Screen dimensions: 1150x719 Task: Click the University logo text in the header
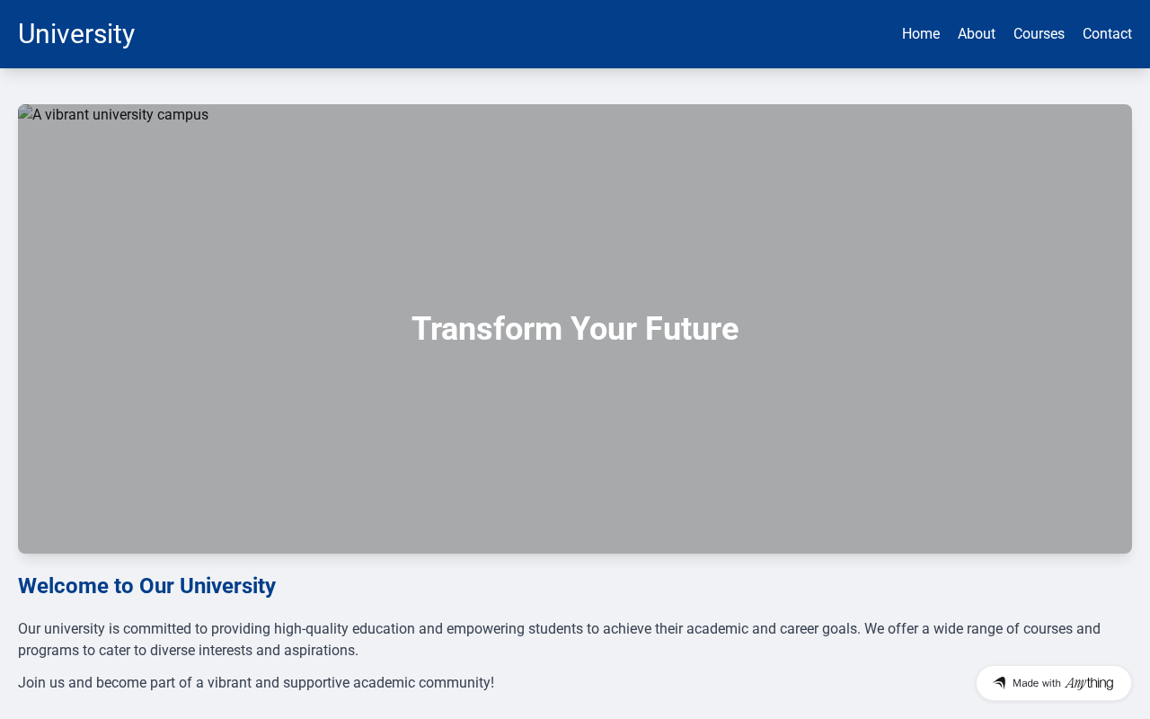click(x=76, y=34)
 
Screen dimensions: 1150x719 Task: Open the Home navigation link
click(x=921, y=34)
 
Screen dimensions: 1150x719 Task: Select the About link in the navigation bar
click(x=977, y=34)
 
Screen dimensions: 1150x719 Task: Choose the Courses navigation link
click(x=1039, y=34)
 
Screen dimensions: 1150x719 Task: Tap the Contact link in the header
click(x=1108, y=34)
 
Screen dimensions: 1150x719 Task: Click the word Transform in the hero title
click(x=487, y=329)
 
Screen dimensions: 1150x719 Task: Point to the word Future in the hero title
click(x=692, y=329)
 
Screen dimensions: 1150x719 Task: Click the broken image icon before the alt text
click(x=25, y=113)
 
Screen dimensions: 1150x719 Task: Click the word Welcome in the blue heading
click(x=64, y=586)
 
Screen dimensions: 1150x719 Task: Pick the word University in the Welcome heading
click(x=227, y=586)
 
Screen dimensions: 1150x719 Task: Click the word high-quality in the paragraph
click(x=311, y=629)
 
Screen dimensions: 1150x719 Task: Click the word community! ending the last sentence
click(x=456, y=683)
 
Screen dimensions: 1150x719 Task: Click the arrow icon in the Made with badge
click(x=999, y=682)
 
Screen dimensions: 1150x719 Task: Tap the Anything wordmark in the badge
click(x=1090, y=683)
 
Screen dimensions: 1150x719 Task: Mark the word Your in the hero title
click(x=604, y=329)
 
